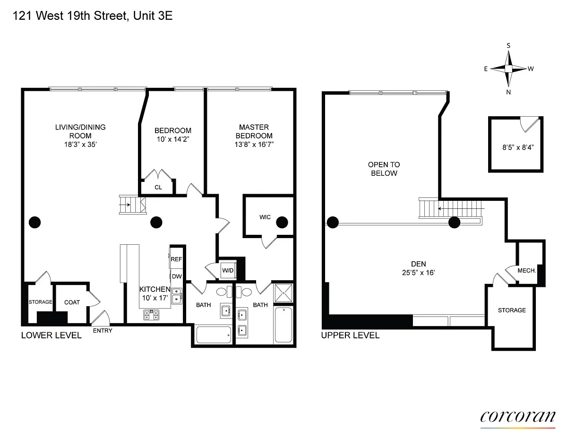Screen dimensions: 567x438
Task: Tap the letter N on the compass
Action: tap(508, 92)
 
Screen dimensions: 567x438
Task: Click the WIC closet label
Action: tap(265, 217)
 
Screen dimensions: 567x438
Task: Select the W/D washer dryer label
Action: tap(228, 271)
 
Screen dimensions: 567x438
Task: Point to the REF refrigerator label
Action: tap(176, 259)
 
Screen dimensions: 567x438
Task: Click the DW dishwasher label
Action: tap(177, 276)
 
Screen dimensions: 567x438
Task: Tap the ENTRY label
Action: tap(103, 331)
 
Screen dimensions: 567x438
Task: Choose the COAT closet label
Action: tap(72, 302)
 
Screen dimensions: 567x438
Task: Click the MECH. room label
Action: tap(526, 271)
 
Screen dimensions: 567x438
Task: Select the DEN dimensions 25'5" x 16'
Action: tap(418, 273)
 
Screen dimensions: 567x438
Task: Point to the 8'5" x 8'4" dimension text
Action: tap(518, 147)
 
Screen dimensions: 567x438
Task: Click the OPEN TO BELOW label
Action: tap(384, 169)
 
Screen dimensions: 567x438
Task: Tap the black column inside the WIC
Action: tap(282, 222)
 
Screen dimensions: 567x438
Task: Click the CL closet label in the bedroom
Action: tap(158, 187)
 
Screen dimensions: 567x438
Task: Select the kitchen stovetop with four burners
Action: tap(151, 315)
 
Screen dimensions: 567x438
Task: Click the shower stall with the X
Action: tap(283, 293)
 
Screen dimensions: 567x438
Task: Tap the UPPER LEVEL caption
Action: tap(350, 335)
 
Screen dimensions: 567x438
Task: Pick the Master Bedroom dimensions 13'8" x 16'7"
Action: tap(254, 144)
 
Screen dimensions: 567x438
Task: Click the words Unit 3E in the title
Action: tap(153, 16)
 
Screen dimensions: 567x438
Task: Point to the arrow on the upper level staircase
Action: tap(461, 209)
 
